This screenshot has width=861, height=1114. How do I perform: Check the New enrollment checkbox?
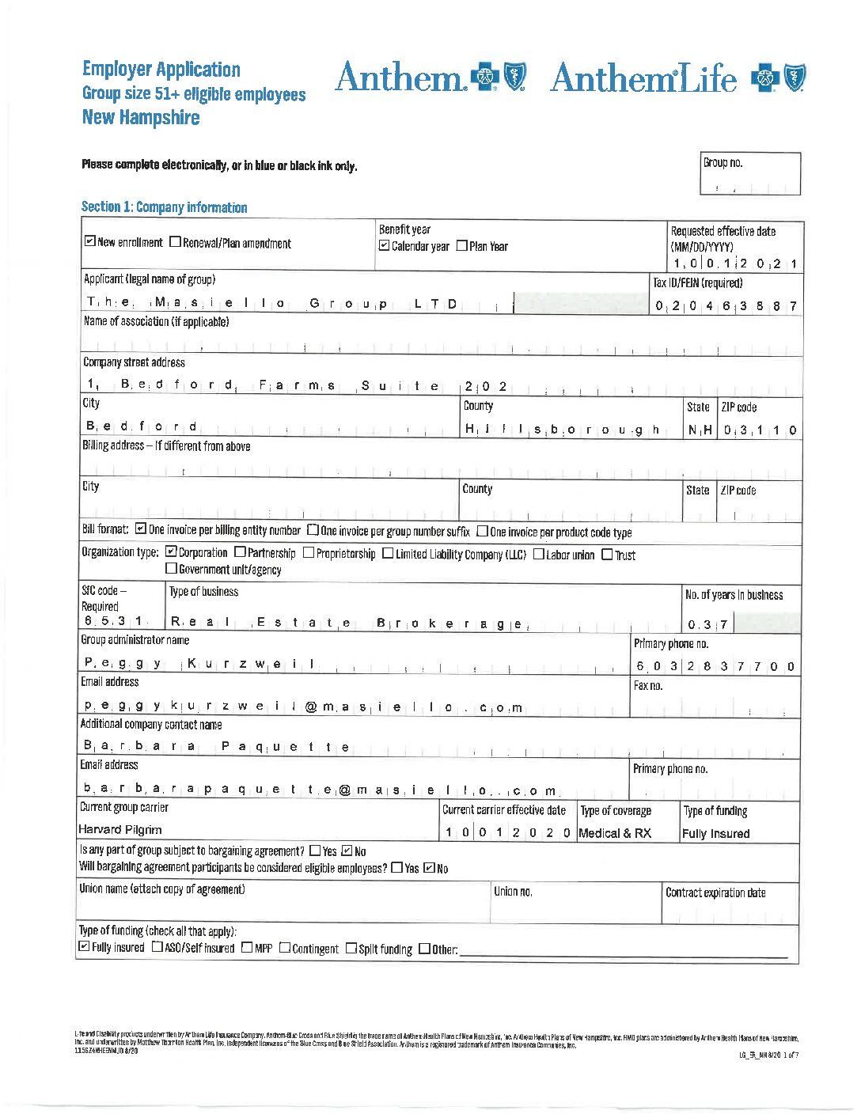coord(90,242)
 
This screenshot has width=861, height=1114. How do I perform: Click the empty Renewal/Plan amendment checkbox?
coord(175,242)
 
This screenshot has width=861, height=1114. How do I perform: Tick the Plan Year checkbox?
coord(462,246)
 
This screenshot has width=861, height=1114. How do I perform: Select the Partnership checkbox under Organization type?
coord(240,552)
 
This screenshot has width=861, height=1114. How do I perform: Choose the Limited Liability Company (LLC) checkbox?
coord(388,553)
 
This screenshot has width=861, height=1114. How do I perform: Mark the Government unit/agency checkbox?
coord(171,568)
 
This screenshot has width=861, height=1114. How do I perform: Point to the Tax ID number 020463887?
coord(726,306)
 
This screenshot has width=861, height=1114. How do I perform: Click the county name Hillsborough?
coord(562,430)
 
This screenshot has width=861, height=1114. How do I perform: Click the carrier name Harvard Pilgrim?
coord(120,829)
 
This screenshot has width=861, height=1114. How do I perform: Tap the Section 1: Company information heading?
coord(164,207)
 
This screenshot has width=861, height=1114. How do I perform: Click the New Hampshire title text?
coord(141,118)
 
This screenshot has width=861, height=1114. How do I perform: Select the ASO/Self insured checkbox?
coord(157,947)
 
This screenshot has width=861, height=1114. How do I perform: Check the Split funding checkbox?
coord(351,948)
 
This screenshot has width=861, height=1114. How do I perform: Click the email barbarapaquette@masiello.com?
coord(320,790)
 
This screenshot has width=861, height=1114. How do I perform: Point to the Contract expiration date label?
coord(715,892)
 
